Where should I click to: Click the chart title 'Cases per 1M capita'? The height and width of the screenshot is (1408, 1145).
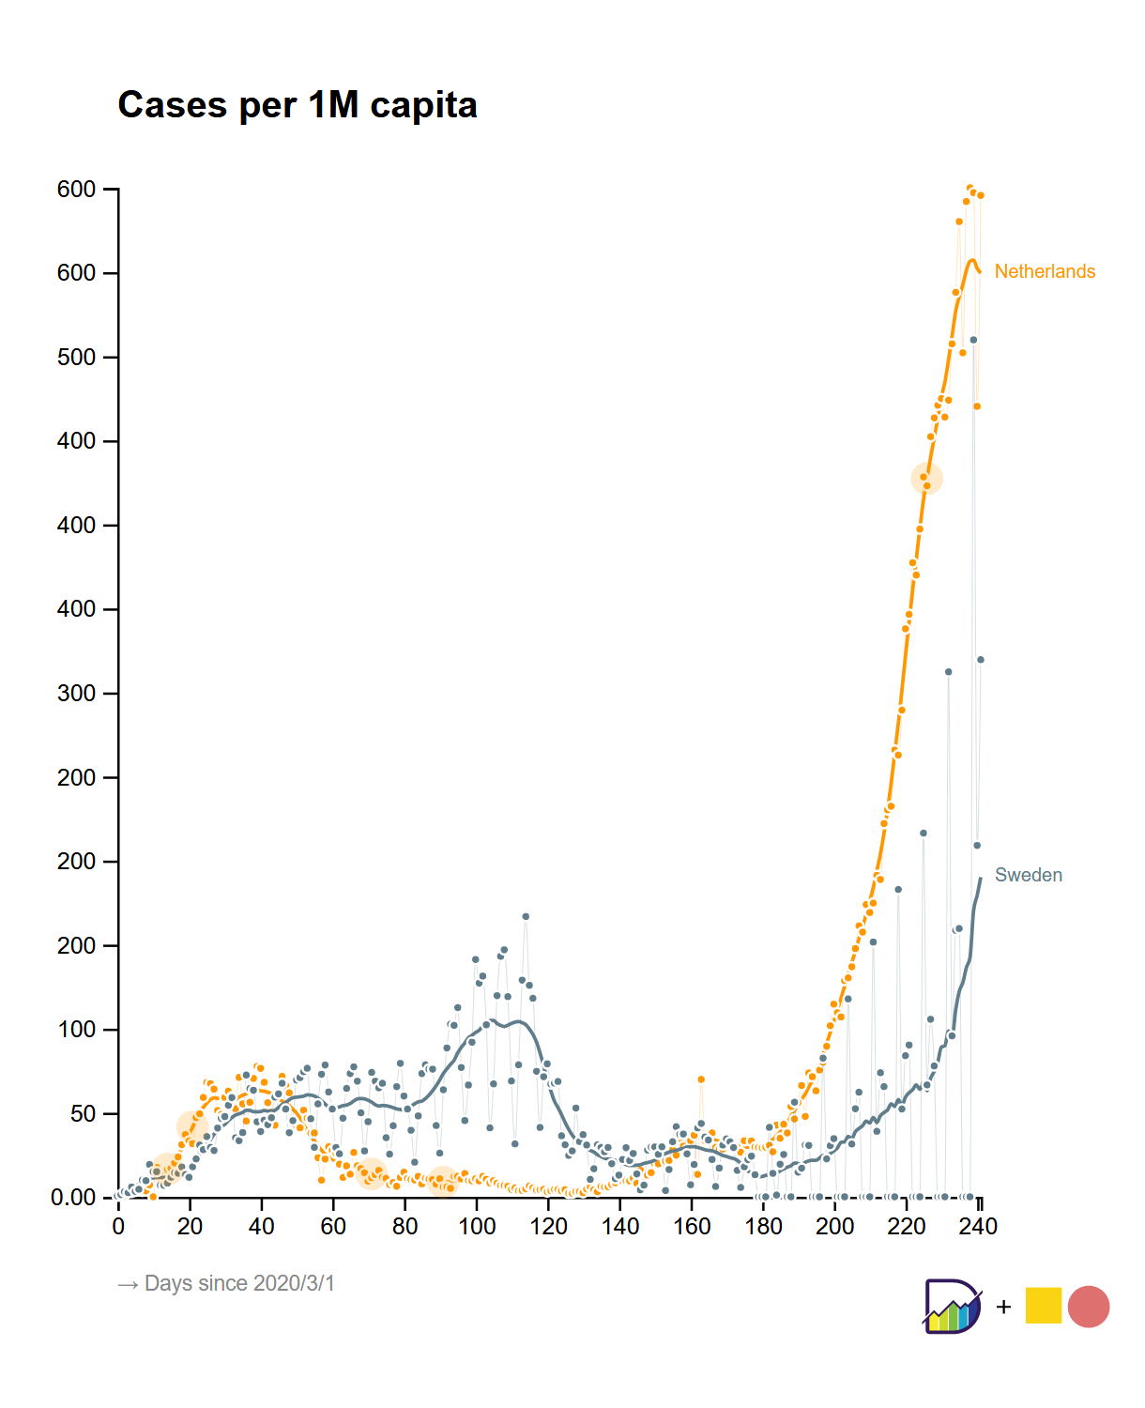click(298, 105)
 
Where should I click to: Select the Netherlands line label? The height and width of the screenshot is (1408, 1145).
click(1045, 271)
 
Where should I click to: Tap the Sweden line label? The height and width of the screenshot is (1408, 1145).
click(1028, 875)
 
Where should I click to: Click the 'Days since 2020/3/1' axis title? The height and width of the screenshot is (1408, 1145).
click(226, 1283)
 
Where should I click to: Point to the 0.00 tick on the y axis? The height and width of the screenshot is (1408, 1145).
click(73, 1198)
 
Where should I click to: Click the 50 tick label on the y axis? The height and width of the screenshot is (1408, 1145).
click(76, 1114)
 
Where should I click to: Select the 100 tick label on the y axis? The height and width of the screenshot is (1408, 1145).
click(76, 1030)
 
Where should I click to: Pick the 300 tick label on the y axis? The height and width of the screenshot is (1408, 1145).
click(76, 694)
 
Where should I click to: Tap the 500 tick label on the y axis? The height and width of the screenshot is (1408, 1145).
click(76, 358)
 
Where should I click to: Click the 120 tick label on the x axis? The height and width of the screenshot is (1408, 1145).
click(549, 1226)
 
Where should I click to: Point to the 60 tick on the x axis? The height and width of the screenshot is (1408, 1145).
click(333, 1226)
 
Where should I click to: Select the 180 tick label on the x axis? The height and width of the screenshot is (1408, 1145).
click(764, 1226)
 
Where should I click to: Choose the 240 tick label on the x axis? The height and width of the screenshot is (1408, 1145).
click(979, 1226)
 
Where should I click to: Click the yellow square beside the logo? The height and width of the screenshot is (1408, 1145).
click(1043, 1306)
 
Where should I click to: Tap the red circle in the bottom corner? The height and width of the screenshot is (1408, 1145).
click(1089, 1306)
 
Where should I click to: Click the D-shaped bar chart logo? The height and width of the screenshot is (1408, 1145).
click(952, 1306)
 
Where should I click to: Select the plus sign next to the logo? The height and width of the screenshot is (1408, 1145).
click(1003, 1307)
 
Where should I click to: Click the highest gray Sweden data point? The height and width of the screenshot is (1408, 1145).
click(973, 340)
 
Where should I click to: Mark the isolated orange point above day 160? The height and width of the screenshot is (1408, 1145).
click(700, 1079)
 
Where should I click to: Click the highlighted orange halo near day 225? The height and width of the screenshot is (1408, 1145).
click(926, 479)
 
